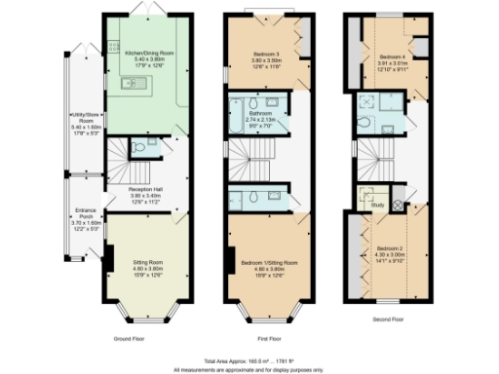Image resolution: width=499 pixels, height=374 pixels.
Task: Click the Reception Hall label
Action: point(143,192)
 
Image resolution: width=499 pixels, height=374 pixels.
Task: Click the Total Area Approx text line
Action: point(250,361)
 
